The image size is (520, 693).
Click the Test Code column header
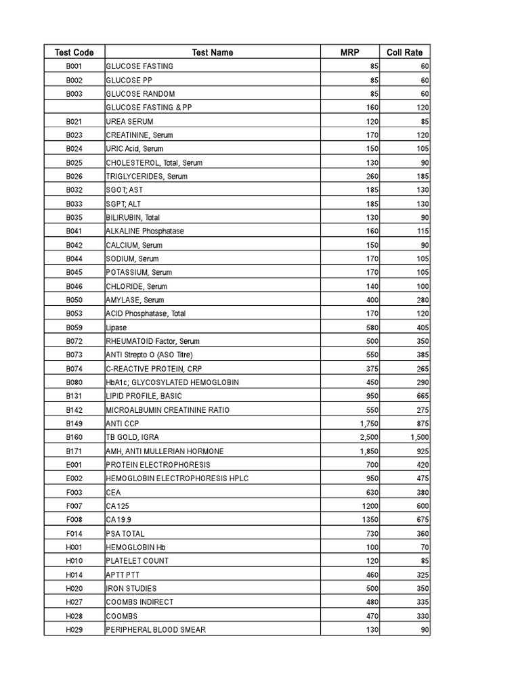(x=74, y=52)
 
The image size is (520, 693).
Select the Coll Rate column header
(x=404, y=52)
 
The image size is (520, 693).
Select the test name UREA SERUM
(x=130, y=121)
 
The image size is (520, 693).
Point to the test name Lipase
(x=116, y=328)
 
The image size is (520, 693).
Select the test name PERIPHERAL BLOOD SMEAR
(x=156, y=629)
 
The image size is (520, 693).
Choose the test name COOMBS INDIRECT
(x=139, y=602)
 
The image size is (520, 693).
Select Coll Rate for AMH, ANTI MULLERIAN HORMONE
(x=420, y=451)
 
